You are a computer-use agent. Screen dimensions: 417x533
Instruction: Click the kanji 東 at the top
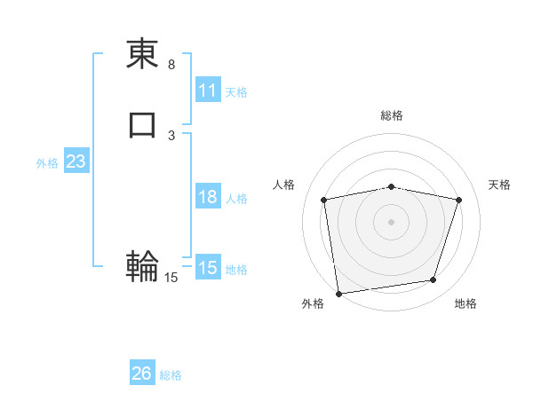tap(143, 54)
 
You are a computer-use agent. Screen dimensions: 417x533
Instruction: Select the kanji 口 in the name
tap(143, 124)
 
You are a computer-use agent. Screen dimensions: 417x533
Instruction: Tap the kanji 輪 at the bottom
tap(143, 265)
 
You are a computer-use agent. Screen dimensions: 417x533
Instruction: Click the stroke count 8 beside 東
tap(171, 65)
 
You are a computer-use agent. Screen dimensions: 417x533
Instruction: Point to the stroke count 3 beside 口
tap(171, 135)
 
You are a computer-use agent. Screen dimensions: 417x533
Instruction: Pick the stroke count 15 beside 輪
tap(171, 278)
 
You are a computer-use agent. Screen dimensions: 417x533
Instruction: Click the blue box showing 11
tap(208, 90)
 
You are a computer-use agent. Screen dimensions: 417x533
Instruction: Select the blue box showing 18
tap(208, 197)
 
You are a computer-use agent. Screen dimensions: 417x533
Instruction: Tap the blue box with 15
tap(208, 268)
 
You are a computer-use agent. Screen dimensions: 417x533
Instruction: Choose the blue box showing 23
tap(76, 161)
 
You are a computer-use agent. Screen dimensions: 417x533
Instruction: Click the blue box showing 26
tap(142, 374)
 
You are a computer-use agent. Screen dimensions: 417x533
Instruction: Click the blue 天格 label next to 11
tap(236, 92)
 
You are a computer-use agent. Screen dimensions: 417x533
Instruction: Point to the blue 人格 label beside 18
tap(236, 199)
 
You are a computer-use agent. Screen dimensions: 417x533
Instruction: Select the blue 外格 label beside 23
tap(47, 163)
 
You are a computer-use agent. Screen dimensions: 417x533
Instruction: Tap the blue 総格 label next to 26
tap(171, 375)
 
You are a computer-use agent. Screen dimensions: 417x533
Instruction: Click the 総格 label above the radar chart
tap(392, 116)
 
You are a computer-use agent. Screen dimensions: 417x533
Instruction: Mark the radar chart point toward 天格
tap(459, 200)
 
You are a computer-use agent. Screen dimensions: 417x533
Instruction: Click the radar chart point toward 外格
tap(338, 293)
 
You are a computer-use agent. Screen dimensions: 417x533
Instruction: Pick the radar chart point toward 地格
tap(434, 280)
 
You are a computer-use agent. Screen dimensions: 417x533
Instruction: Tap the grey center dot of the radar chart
tap(392, 221)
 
